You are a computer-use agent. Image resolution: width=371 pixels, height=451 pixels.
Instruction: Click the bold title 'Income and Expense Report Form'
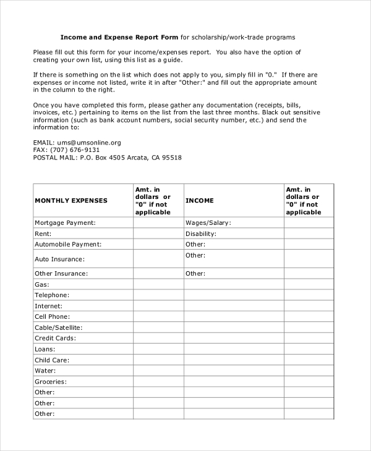click(x=119, y=37)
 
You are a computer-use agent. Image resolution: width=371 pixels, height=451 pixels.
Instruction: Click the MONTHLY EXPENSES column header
click(x=70, y=201)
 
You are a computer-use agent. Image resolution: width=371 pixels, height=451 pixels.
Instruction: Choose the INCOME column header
click(x=200, y=201)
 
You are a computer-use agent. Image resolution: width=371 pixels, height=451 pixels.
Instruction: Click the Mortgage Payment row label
click(x=65, y=222)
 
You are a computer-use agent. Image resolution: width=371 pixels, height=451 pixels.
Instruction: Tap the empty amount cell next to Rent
click(x=158, y=234)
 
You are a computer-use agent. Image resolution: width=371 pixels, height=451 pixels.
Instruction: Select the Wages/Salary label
click(x=208, y=222)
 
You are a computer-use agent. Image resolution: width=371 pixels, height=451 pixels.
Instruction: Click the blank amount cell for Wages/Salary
click(x=309, y=222)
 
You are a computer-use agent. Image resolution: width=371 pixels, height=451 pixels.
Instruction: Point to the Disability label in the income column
click(x=201, y=234)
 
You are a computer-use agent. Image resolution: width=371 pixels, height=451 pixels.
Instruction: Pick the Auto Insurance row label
click(x=59, y=259)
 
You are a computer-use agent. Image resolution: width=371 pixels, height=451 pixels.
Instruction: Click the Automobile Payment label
click(x=67, y=245)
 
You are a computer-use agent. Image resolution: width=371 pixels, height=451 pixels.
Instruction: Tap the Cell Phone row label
click(x=52, y=316)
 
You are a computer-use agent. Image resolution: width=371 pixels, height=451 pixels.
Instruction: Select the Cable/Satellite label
click(x=58, y=327)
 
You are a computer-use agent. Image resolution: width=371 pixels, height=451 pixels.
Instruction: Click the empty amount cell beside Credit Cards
click(x=158, y=338)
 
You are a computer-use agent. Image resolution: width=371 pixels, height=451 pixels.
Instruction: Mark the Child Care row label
click(x=52, y=360)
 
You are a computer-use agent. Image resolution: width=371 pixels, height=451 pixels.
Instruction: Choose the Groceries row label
click(x=51, y=382)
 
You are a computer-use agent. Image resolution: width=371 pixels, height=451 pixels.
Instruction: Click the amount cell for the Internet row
click(x=158, y=306)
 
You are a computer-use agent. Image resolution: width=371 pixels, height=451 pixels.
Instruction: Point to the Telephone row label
click(x=52, y=295)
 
